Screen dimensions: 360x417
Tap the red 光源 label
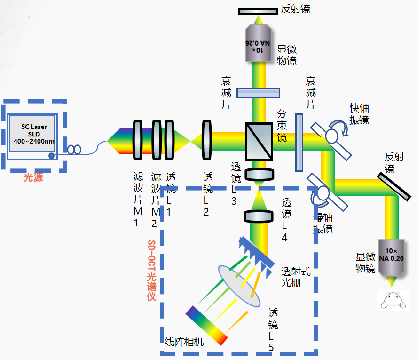(33, 178)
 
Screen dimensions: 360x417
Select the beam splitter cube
(259, 141)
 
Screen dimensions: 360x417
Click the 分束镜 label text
(282, 125)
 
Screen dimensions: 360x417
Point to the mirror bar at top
(258, 11)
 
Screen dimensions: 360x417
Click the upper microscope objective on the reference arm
(259, 43)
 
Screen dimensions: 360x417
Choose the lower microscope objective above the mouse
(391, 258)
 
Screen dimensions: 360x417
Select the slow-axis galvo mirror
(327, 193)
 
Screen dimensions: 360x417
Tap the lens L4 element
(258, 216)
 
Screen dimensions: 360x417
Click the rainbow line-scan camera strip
(207, 325)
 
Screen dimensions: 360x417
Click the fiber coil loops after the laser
(74, 150)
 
